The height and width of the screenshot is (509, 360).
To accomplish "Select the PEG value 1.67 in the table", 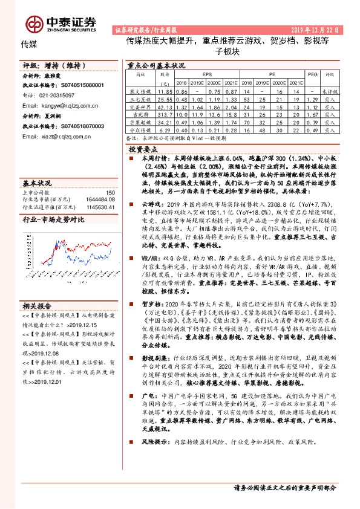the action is (312, 113).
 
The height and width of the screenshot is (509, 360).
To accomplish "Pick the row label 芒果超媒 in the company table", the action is (140, 121).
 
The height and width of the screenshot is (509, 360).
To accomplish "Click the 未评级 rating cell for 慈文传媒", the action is (330, 90).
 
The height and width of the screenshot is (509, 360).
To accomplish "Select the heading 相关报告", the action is (37, 305).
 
